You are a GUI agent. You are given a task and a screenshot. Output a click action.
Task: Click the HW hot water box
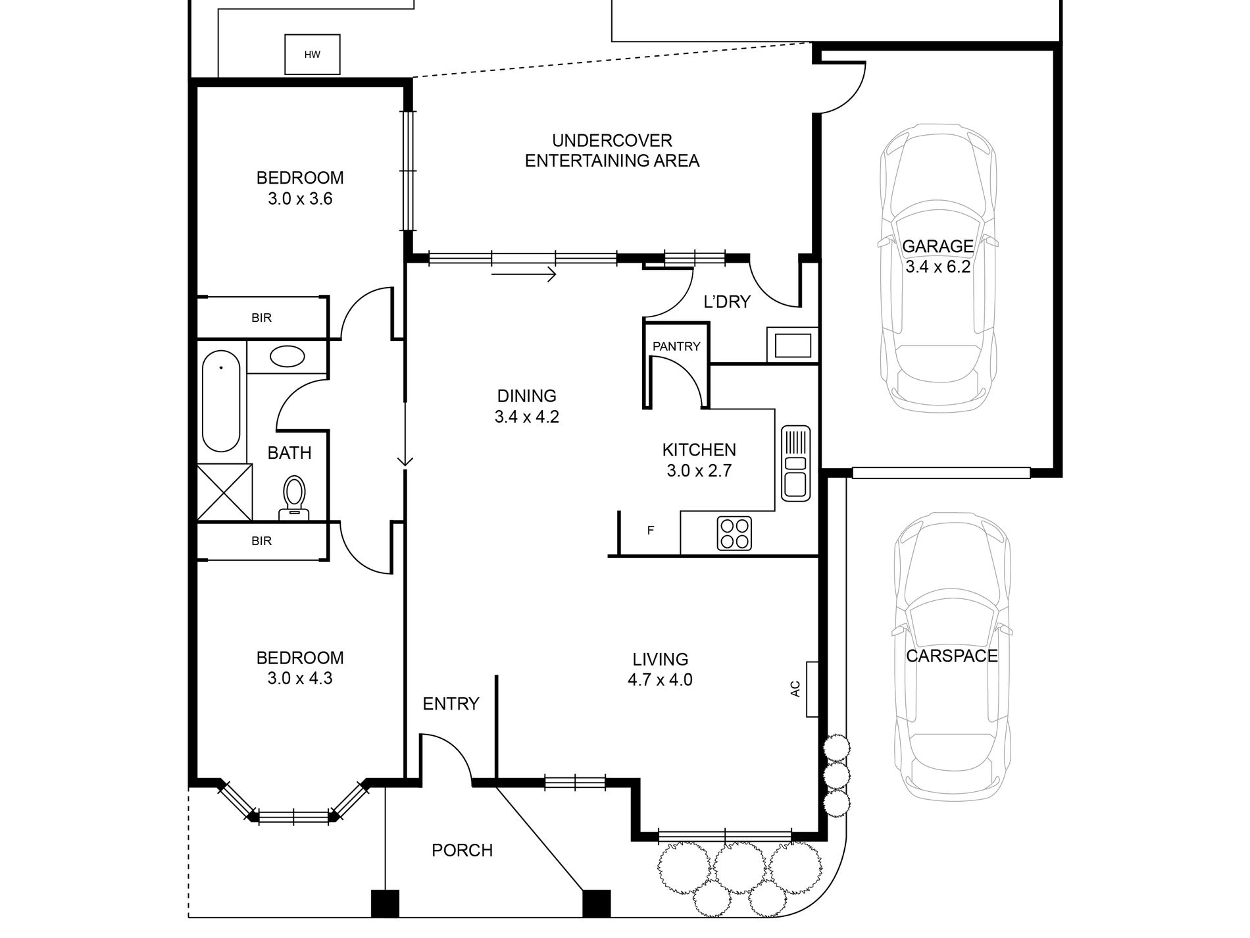click(312, 55)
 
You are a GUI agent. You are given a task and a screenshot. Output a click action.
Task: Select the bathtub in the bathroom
click(221, 401)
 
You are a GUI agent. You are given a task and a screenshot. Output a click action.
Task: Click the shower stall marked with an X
click(224, 492)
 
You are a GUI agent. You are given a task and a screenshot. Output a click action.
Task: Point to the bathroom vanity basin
click(287, 357)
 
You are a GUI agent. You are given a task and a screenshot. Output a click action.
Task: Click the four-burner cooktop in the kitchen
click(735, 534)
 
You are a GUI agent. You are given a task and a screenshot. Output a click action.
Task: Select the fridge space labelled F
click(650, 531)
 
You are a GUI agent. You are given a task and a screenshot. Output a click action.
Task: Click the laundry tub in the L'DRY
click(792, 345)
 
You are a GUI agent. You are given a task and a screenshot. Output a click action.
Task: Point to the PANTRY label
click(676, 346)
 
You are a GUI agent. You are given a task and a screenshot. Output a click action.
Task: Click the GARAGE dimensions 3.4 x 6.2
click(938, 267)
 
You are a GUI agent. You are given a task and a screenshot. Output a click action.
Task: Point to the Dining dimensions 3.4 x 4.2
click(527, 417)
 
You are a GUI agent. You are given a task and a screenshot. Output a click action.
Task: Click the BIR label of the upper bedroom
click(261, 318)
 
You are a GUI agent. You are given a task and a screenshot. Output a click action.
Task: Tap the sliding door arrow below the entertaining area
click(524, 274)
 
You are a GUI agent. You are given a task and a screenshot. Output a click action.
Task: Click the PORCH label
click(463, 850)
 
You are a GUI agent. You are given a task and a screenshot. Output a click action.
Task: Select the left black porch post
click(386, 904)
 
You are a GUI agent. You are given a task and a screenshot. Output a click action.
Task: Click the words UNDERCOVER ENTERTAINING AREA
click(612, 151)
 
